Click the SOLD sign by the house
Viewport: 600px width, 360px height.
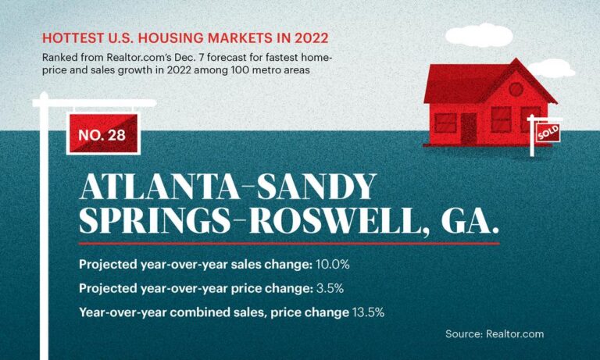pos(548,134)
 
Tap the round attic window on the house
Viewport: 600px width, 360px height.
pos(515,88)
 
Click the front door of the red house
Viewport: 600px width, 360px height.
pos(469,127)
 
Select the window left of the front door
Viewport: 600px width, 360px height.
pos(445,123)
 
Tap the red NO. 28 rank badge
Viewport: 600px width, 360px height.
pos(102,135)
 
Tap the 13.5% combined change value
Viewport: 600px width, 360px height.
pos(368,312)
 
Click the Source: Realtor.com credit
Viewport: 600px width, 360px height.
pos(494,334)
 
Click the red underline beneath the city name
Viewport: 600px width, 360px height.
pos(289,243)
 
